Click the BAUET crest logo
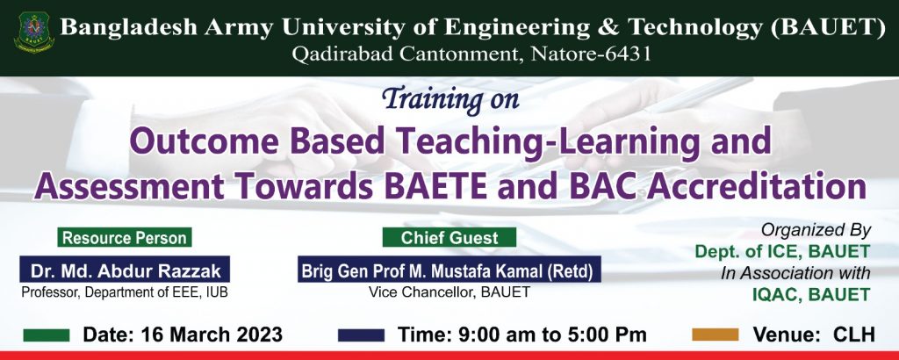pos(34,32)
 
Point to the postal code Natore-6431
pos(591,54)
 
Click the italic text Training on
pos(450,98)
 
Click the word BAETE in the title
pos(435,187)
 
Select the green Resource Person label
pos(125,237)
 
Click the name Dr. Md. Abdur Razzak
pos(125,270)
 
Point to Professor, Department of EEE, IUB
pos(125,292)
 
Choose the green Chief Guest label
pos(449,237)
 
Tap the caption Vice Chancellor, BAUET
pos(449,292)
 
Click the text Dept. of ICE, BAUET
pos(782,251)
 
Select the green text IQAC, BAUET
pos(811,295)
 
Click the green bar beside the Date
pos(47,335)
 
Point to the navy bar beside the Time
pos(361,335)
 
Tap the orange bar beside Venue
pos(715,335)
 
